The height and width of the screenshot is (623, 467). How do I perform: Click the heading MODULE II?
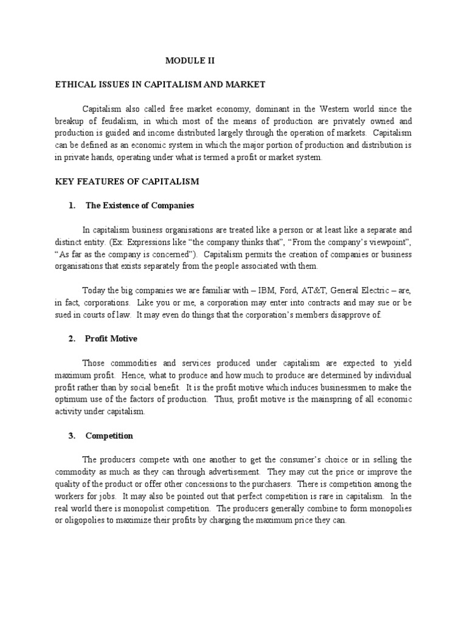point(191,61)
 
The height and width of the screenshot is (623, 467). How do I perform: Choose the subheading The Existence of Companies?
point(139,206)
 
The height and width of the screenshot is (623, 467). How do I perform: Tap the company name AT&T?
point(317,290)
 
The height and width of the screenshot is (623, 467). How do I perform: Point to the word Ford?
point(288,290)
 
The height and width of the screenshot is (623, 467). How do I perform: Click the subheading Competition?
point(109,436)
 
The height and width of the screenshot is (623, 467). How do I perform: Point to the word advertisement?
point(231,472)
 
